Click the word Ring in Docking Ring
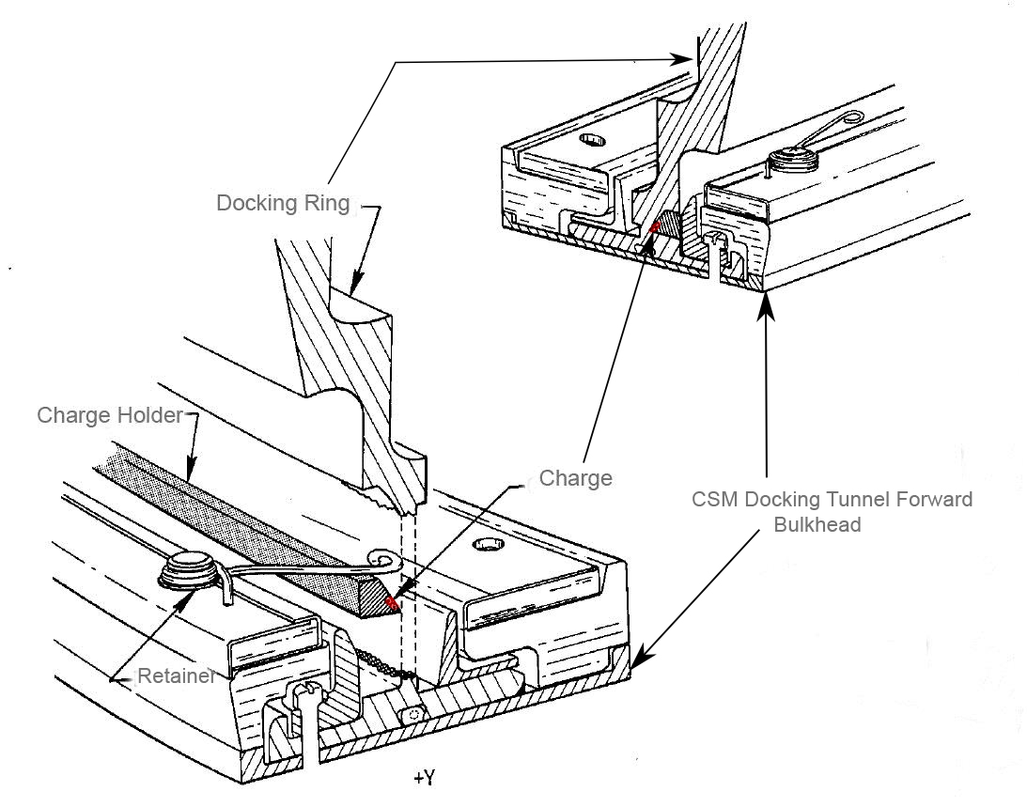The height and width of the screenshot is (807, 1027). pos(328,203)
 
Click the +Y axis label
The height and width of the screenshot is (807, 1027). pos(423,778)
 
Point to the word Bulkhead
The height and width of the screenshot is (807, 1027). pos(817,524)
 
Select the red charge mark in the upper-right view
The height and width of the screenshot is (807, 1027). pos(653,227)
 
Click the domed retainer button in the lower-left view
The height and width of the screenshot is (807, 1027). pos(190,568)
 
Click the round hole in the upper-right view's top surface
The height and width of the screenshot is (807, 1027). pos(591,140)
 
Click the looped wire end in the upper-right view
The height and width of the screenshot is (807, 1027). pos(852,117)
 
